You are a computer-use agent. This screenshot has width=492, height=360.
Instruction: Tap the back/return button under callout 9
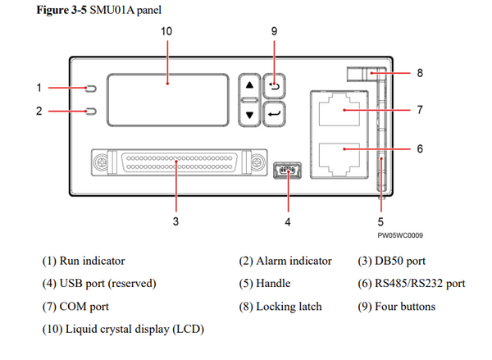point(273,84)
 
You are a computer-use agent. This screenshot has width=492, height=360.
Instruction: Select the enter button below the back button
point(273,114)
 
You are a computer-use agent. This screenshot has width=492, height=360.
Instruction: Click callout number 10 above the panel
point(166,30)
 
